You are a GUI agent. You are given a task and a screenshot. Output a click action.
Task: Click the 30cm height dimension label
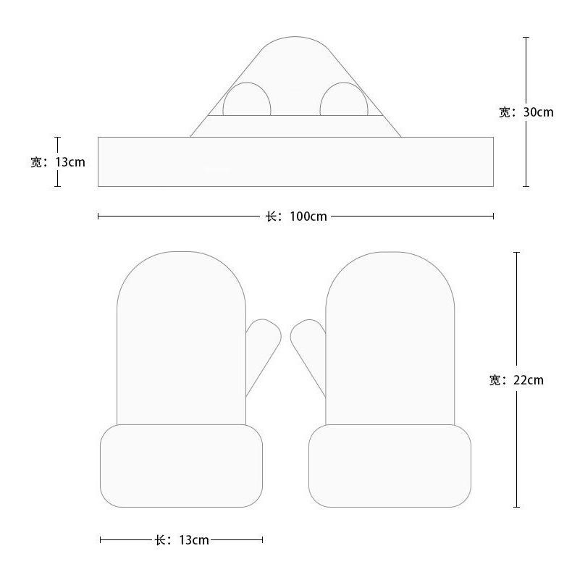526,112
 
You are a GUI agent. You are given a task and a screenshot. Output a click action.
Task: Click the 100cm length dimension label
296,217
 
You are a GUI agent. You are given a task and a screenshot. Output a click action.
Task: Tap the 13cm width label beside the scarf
58,162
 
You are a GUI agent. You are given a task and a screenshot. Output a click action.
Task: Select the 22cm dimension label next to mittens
516,380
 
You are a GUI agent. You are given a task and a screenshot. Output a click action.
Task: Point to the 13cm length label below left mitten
182,540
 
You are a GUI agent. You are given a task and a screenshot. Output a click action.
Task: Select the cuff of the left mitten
181,466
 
